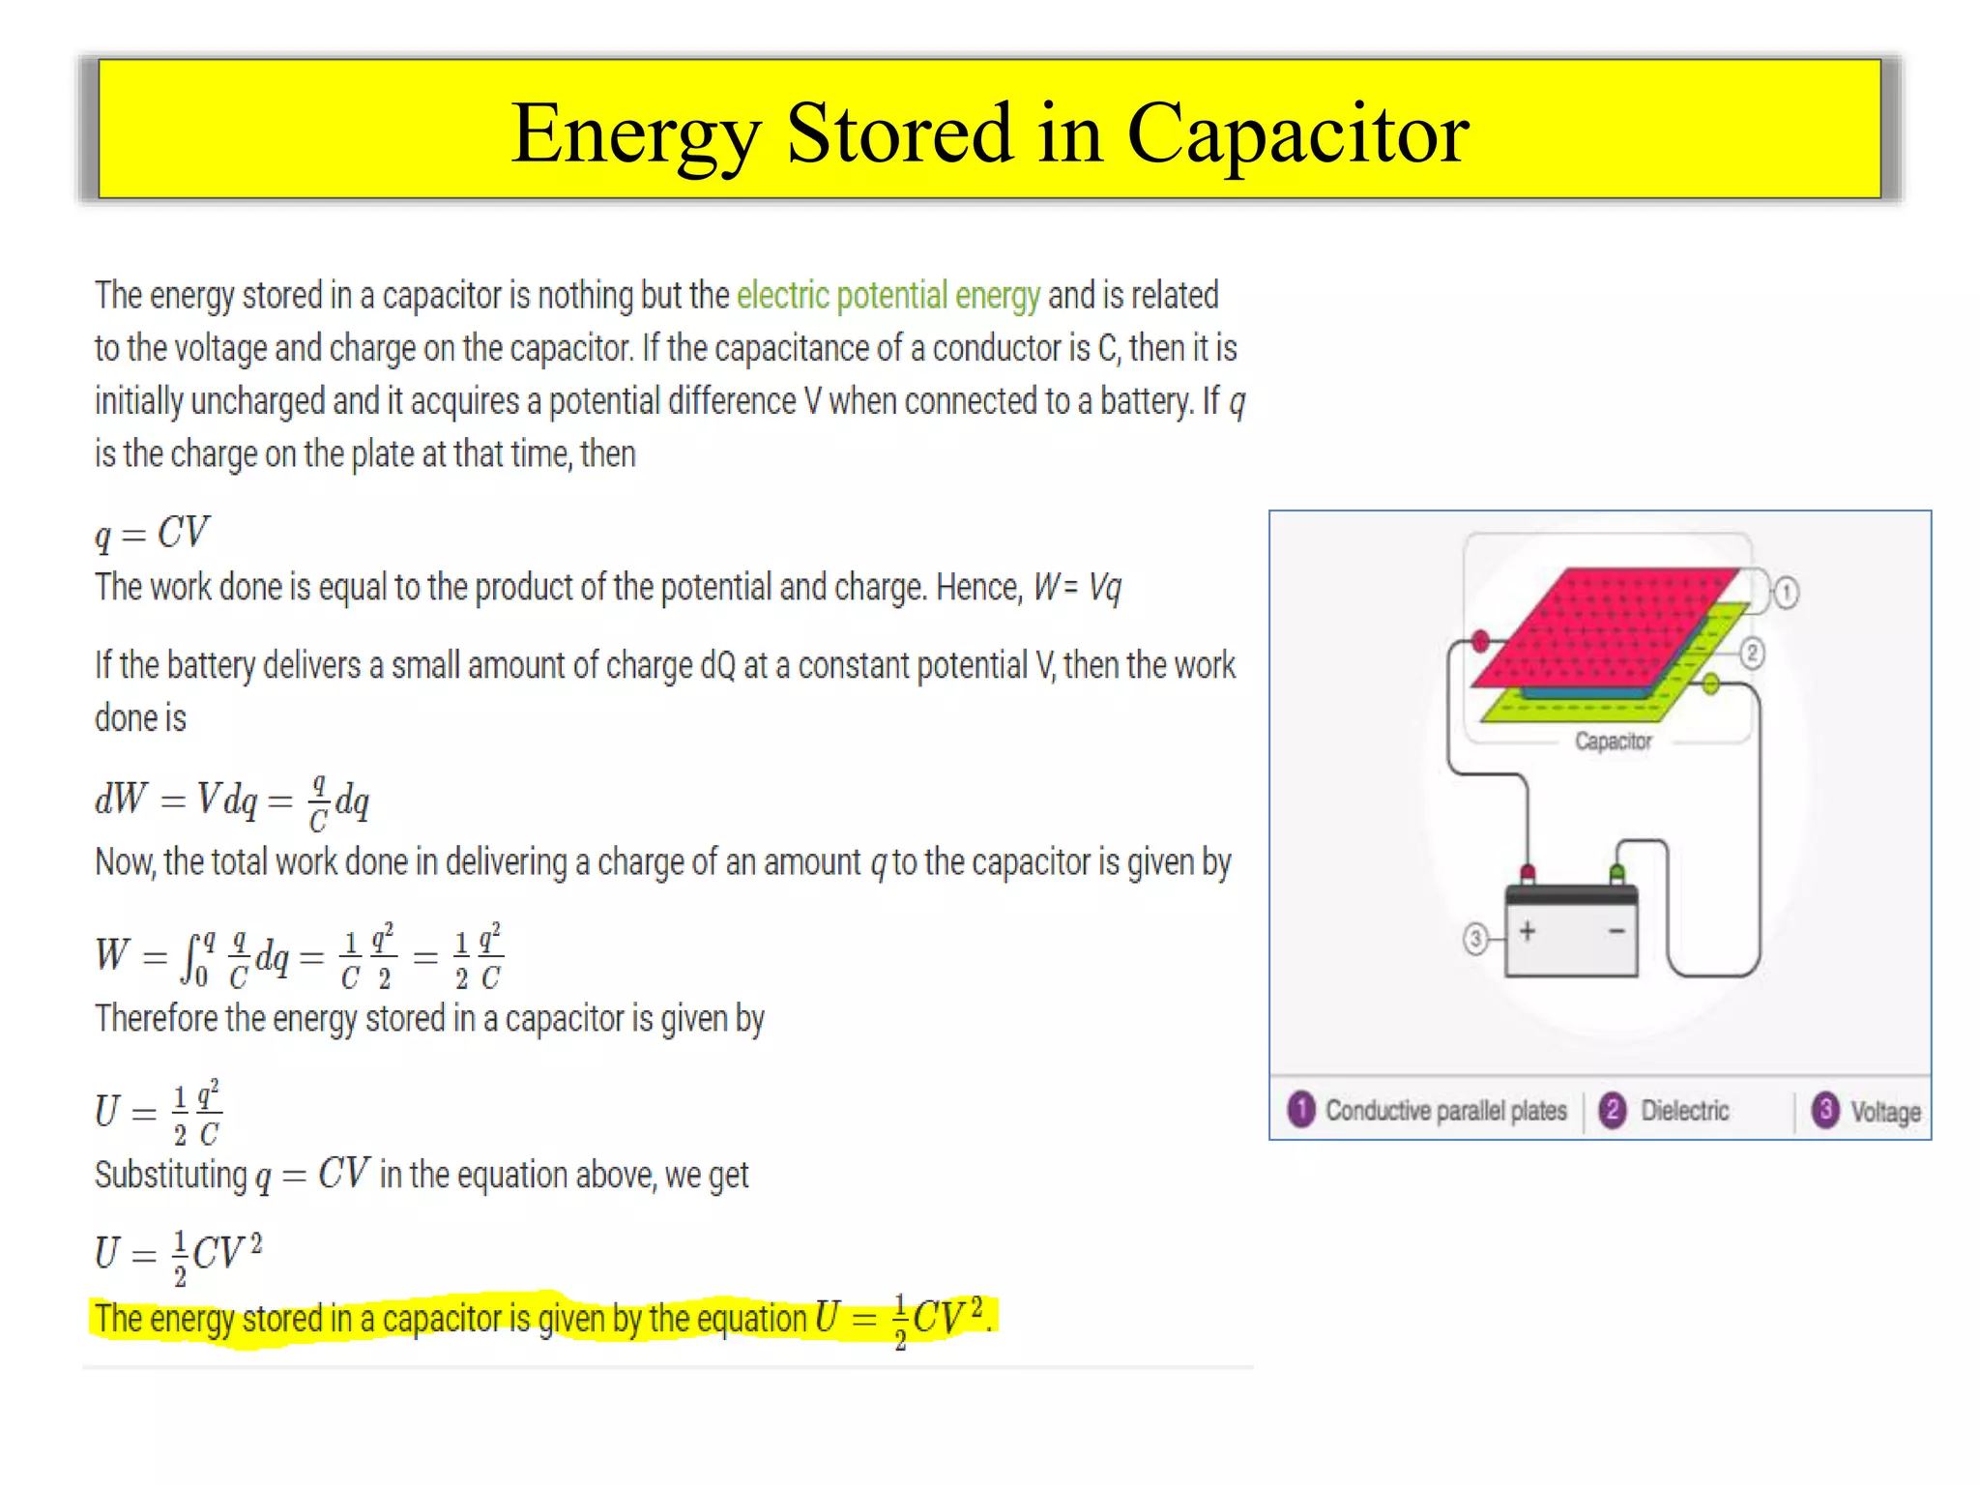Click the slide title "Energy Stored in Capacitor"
(x=989, y=132)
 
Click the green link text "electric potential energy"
(x=888, y=296)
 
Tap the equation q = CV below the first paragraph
(x=152, y=533)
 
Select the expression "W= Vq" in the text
(x=1077, y=587)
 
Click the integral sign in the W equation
(x=190, y=957)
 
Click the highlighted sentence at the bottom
(x=541, y=1319)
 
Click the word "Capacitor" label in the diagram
(x=1613, y=742)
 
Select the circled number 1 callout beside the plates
(x=1786, y=593)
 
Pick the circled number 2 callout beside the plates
(x=1752, y=654)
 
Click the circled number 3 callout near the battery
(x=1475, y=938)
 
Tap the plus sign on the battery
(x=1528, y=931)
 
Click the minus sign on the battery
(x=1616, y=931)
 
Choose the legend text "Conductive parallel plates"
(x=1445, y=1111)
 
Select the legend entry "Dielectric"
(x=1684, y=1111)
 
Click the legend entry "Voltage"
(x=1885, y=1112)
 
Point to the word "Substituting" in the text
(x=171, y=1176)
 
